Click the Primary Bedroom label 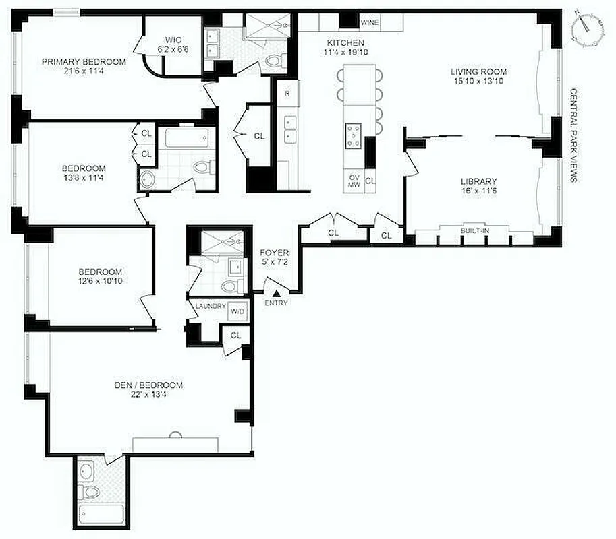[84, 62]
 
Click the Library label [478, 181]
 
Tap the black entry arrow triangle [277, 292]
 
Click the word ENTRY [277, 303]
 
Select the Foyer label [275, 253]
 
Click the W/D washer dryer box [238, 311]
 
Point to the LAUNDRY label [210, 307]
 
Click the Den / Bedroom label [148, 385]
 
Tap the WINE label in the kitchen [370, 23]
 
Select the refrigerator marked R [287, 93]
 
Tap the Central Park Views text [573, 135]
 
